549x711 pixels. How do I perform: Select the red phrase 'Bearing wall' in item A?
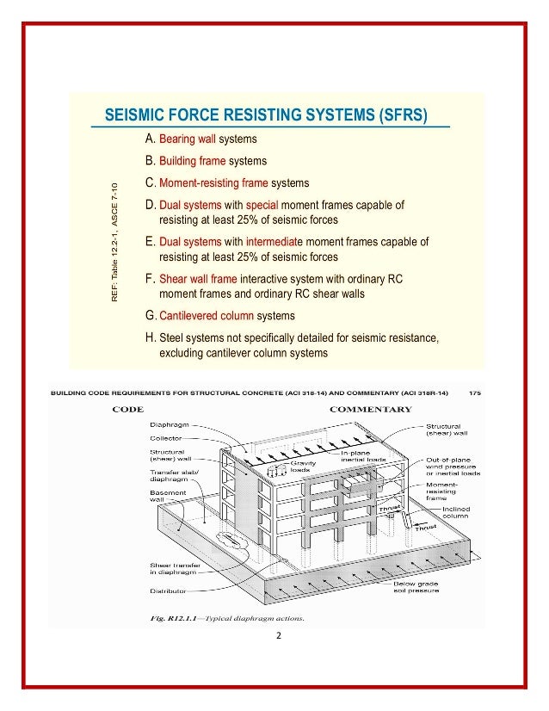pyautogui.click(x=187, y=139)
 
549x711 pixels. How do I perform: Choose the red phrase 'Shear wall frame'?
pyautogui.click(x=198, y=279)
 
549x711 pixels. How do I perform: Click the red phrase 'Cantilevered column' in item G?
pyautogui.click(x=206, y=316)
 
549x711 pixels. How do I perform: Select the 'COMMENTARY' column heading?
pyautogui.click(x=371, y=410)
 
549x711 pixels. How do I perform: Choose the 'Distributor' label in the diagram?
pyautogui.click(x=169, y=591)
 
